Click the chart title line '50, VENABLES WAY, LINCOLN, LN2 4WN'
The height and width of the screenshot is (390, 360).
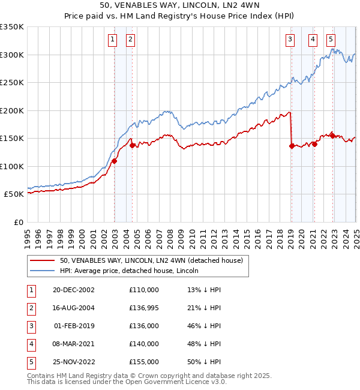[180, 5]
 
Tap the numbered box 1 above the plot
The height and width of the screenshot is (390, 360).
[112, 40]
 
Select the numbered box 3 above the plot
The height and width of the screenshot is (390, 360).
[290, 40]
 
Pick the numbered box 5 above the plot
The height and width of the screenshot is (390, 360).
[331, 40]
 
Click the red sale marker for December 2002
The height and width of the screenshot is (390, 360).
[114, 161]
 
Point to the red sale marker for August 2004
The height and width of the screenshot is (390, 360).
[132, 146]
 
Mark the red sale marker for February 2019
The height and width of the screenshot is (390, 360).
[292, 146]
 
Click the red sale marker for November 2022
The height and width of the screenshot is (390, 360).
[332, 136]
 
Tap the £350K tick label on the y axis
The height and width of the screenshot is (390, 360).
[12, 27]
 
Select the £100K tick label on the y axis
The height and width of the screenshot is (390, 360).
[12, 166]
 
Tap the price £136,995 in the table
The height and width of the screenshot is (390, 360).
[144, 308]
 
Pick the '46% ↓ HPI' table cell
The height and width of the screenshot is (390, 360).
[204, 326]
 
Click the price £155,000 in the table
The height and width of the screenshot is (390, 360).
[144, 362]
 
